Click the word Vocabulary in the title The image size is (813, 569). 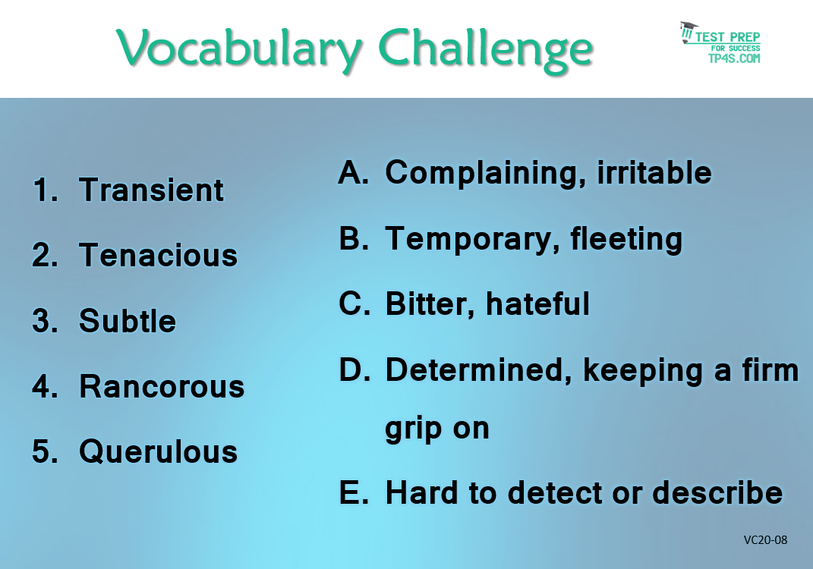click(x=239, y=50)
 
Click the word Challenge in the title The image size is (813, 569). click(x=486, y=50)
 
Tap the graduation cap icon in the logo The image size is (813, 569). click(x=688, y=31)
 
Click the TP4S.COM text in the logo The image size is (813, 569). click(x=734, y=58)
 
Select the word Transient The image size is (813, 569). click(x=151, y=190)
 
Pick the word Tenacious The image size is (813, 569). click(x=158, y=256)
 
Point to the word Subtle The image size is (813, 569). click(x=128, y=321)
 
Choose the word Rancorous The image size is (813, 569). click(x=162, y=387)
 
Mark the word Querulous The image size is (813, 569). click(x=158, y=451)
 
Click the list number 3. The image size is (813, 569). click(x=45, y=321)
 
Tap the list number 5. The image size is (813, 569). click(x=45, y=451)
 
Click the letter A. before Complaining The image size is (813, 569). click(x=354, y=172)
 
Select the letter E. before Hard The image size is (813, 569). click(x=354, y=492)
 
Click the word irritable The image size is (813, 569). click(x=654, y=172)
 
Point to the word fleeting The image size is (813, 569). click(x=626, y=240)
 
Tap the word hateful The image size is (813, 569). click(x=537, y=303)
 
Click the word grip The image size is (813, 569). click(x=413, y=429)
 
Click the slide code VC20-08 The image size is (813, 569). click(x=765, y=540)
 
